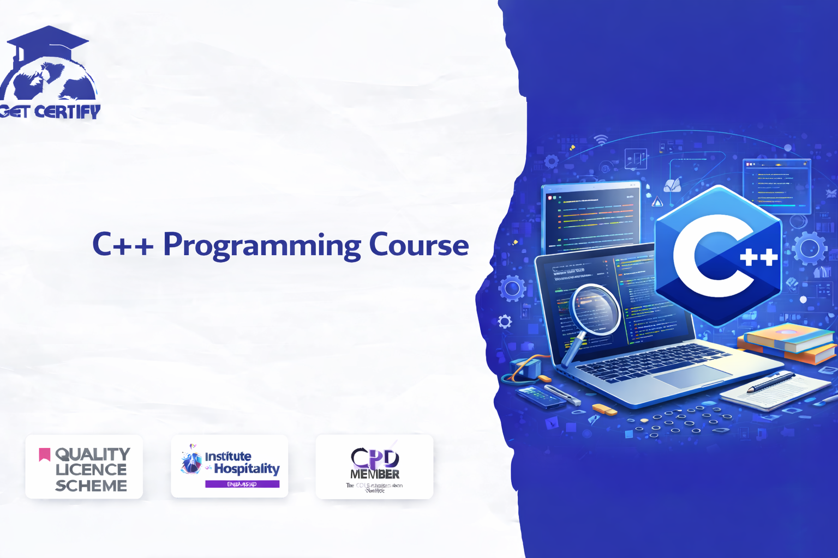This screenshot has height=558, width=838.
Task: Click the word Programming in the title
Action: coord(262,245)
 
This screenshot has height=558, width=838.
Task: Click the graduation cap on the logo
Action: coord(48,41)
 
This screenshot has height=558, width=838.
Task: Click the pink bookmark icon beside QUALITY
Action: coord(45,454)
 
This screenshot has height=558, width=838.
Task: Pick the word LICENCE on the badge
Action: coord(91,469)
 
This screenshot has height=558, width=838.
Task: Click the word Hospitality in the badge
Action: coord(247,469)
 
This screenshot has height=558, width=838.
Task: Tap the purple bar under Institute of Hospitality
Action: coord(242,484)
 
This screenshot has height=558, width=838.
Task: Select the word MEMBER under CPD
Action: coord(375,474)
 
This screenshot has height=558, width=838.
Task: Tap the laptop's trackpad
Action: coord(692,376)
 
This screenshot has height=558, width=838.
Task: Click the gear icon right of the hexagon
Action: coord(810,248)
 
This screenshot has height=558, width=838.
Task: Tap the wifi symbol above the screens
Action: coord(601,139)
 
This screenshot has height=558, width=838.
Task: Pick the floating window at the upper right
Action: coord(776,186)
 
